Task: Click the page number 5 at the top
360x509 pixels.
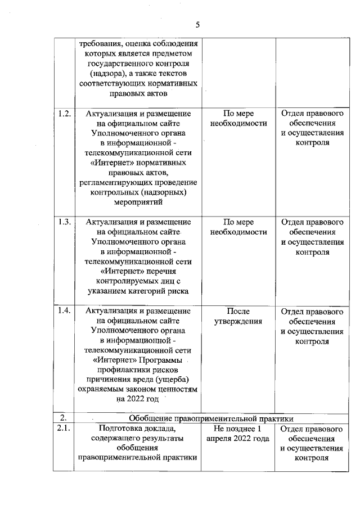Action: tap(197, 24)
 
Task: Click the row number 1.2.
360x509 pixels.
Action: tap(64, 114)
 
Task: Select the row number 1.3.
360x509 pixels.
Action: tap(64, 221)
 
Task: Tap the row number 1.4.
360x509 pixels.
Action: tap(64, 311)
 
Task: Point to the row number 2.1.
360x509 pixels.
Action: tap(64, 429)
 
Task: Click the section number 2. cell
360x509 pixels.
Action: tap(64, 417)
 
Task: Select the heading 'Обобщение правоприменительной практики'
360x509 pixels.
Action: tap(211, 418)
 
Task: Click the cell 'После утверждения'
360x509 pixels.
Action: tap(238, 317)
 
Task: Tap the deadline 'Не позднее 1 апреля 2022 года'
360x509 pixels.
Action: tap(237, 434)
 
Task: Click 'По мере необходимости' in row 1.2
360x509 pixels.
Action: tap(238, 119)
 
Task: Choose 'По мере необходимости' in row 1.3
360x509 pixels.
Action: tap(238, 227)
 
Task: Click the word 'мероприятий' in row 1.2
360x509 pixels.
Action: tap(138, 201)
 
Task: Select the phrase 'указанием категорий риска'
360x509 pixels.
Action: tap(138, 291)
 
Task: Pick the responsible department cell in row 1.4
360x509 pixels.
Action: tap(312, 326)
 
